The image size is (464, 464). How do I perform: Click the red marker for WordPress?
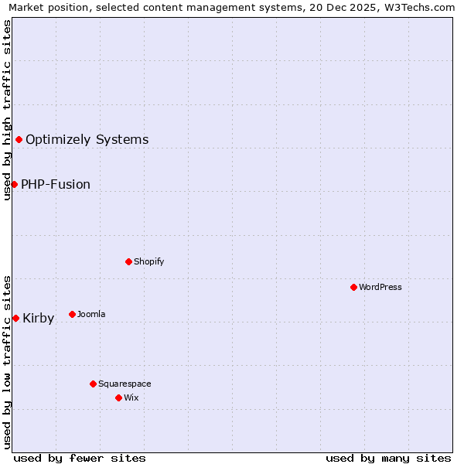[x=353, y=287]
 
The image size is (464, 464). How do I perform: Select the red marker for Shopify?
[x=128, y=261]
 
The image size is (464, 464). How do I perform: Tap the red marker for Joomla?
[x=72, y=314]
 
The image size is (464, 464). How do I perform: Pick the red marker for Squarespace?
[x=93, y=384]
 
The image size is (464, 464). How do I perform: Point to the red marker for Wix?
[x=118, y=397]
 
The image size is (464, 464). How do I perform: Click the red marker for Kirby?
[x=15, y=318]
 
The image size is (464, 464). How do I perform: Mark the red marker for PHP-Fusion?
[x=14, y=184]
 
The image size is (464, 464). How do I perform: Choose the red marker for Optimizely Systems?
[x=19, y=139]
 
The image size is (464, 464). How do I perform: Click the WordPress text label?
[x=380, y=287]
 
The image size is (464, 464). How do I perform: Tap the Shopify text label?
[x=149, y=261]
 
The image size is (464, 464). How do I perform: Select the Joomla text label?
[x=91, y=314]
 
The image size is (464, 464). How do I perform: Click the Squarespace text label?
[x=125, y=384]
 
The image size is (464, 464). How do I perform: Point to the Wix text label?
[x=131, y=397]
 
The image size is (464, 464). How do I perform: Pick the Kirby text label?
[x=39, y=318]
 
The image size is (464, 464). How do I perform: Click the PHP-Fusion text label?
[x=56, y=184]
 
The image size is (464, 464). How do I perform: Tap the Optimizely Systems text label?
[x=87, y=139]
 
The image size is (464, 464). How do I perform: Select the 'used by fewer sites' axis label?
[x=80, y=458]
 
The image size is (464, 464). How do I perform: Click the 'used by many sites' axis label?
[x=388, y=458]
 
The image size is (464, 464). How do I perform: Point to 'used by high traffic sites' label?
[x=7, y=110]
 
